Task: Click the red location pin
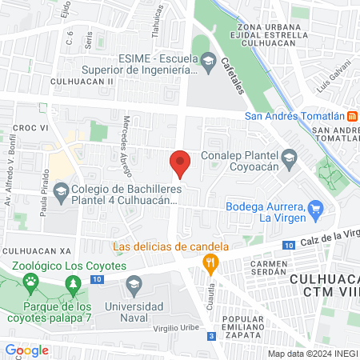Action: point(181,162)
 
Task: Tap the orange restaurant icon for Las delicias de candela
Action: point(210,262)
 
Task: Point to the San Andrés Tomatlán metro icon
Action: point(353,114)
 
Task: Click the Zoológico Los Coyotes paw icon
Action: point(31,281)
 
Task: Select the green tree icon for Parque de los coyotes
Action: point(74,283)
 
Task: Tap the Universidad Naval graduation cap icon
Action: point(134,282)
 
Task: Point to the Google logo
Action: point(27,350)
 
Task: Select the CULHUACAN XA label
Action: point(38,250)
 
